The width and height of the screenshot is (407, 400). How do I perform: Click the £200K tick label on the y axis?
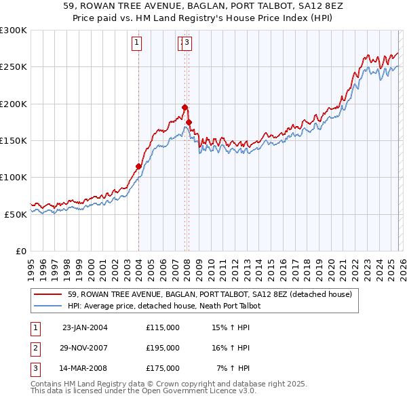pos(13,104)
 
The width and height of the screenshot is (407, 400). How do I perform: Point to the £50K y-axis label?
pos(15,214)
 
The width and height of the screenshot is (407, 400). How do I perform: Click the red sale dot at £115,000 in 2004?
pos(138,166)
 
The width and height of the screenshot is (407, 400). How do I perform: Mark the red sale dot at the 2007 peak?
pos(185,107)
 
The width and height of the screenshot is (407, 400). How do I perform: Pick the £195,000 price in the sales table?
pos(163,348)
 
